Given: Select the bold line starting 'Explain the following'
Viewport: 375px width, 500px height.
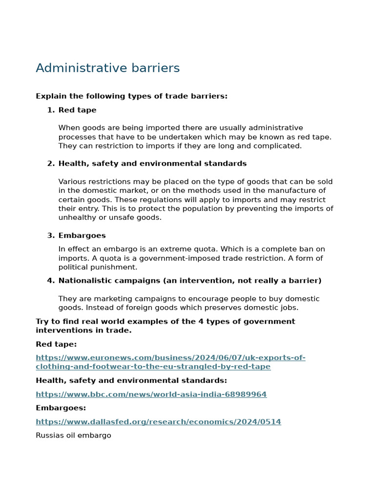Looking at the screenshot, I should pos(131,96).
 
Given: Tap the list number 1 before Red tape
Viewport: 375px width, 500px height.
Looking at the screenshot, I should pos(51,110).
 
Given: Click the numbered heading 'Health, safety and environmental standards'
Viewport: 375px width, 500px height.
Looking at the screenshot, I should pos(152,164).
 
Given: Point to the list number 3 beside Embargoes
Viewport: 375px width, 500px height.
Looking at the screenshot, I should pos(51,236).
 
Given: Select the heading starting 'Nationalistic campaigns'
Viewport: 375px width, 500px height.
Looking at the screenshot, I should pos(189,281).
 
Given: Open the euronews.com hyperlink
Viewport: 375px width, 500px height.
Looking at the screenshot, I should pos(170,362).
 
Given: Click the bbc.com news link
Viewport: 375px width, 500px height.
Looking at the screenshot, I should pos(151,395).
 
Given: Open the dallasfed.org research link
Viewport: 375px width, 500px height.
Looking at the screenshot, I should pos(158,422).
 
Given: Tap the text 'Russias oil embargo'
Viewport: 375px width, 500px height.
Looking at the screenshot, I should pos(73,436).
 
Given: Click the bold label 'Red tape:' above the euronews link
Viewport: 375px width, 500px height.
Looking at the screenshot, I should pos(56,345).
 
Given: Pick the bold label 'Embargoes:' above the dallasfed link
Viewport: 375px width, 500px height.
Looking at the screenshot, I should pos(61,408).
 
